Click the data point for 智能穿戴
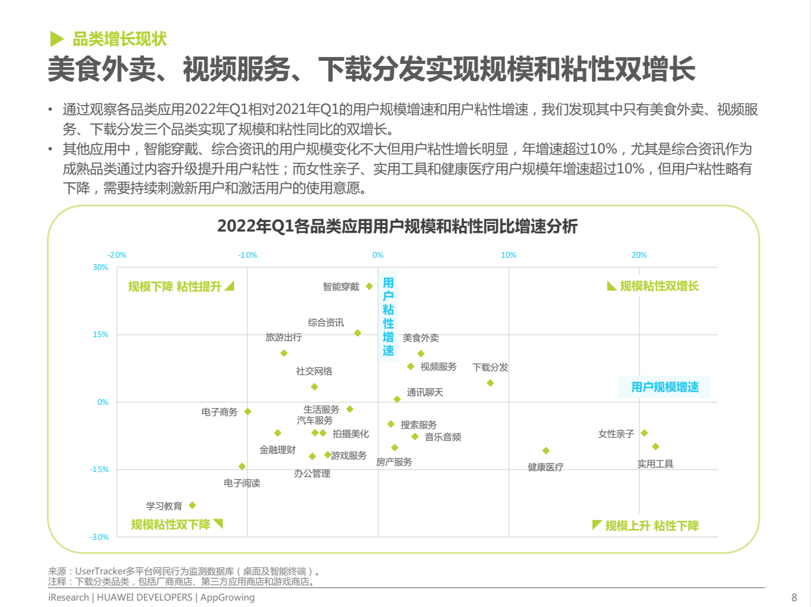pos(369,287)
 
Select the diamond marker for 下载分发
pos(490,383)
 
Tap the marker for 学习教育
pos(192,505)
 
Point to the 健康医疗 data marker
pos(546,451)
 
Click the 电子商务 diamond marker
pos(248,411)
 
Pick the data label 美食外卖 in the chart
pos(421,338)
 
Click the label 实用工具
pos(655,464)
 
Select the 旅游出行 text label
pos(284,337)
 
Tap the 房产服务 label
pos(394,462)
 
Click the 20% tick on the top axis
pos(639,255)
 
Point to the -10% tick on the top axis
pos(248,255)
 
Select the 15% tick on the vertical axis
pos(100,335)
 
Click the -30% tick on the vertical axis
pos(99,537)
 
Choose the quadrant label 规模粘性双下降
pos(170,524)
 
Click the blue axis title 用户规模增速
pos(665,387)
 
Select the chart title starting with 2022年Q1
pos(397,226)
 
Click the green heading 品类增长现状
pos(120,39)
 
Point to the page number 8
pos(794,597)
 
